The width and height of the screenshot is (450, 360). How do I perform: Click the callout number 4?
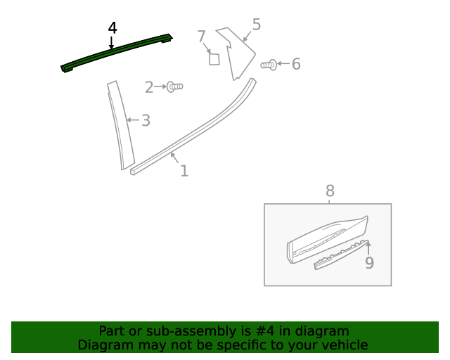(x=112, y=27)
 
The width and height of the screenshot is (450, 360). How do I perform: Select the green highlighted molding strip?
(x=117, y=53)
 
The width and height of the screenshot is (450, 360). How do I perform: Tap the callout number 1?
(x=184, y=171)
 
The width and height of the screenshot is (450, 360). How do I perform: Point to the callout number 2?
(x=149, y=87)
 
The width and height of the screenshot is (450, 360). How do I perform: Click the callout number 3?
(x=146, y=121)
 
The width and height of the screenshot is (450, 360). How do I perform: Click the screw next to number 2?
(x=174, y=86)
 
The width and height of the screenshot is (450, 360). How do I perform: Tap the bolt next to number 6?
(x=269, y=65)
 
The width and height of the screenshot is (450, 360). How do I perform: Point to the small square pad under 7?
(x=214, y=58)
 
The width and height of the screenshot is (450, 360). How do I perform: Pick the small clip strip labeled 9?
(x=340, y=255)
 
